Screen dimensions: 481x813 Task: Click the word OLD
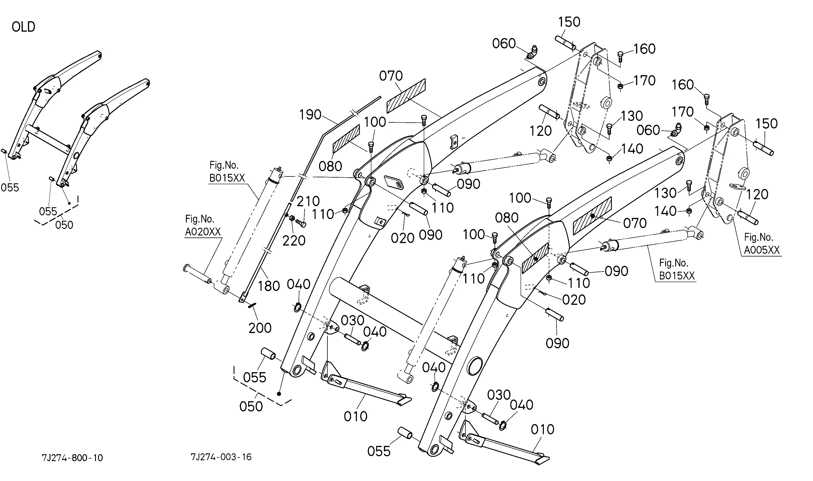[23, 27]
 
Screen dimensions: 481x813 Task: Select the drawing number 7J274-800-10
[72, 458]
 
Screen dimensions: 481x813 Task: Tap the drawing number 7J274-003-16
[221, 457]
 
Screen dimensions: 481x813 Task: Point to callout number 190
[310, 115]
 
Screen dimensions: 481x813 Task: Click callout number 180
[269, 286]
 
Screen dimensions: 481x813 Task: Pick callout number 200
[260, 328]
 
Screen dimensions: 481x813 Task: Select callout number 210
[308, 201]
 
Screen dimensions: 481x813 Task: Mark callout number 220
[294, 241]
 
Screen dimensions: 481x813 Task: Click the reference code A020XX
[203, 232]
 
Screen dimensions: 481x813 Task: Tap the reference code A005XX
[761, 250]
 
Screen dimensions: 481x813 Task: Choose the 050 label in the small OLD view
[64, 225]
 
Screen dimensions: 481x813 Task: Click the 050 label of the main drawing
[251, 406]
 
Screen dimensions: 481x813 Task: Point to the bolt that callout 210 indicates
[301, 223]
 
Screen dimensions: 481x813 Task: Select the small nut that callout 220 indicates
[292, 218]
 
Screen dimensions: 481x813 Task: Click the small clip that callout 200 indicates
[252, 305]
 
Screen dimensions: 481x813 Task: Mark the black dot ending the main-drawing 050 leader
[279, 394]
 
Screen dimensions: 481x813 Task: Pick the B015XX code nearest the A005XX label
[677, 276]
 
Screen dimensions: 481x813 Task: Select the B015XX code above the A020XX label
[227, 178]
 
